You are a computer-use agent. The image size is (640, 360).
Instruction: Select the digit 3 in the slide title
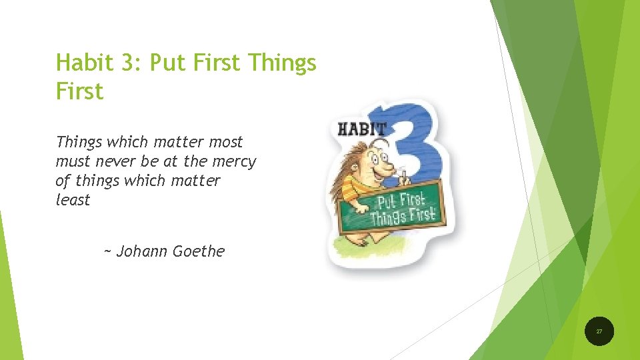tap(127, 63)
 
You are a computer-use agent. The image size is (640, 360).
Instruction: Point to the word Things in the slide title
tap(281, 63)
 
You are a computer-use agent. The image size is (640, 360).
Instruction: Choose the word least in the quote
tap(73, 199)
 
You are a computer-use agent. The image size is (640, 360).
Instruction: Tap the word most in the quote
tap(225, 142)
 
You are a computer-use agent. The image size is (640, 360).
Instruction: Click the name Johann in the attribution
tap(143, 251)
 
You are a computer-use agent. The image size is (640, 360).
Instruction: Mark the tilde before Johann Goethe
tap(108, 252)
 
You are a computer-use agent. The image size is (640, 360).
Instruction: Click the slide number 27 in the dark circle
tap(599, 331)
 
